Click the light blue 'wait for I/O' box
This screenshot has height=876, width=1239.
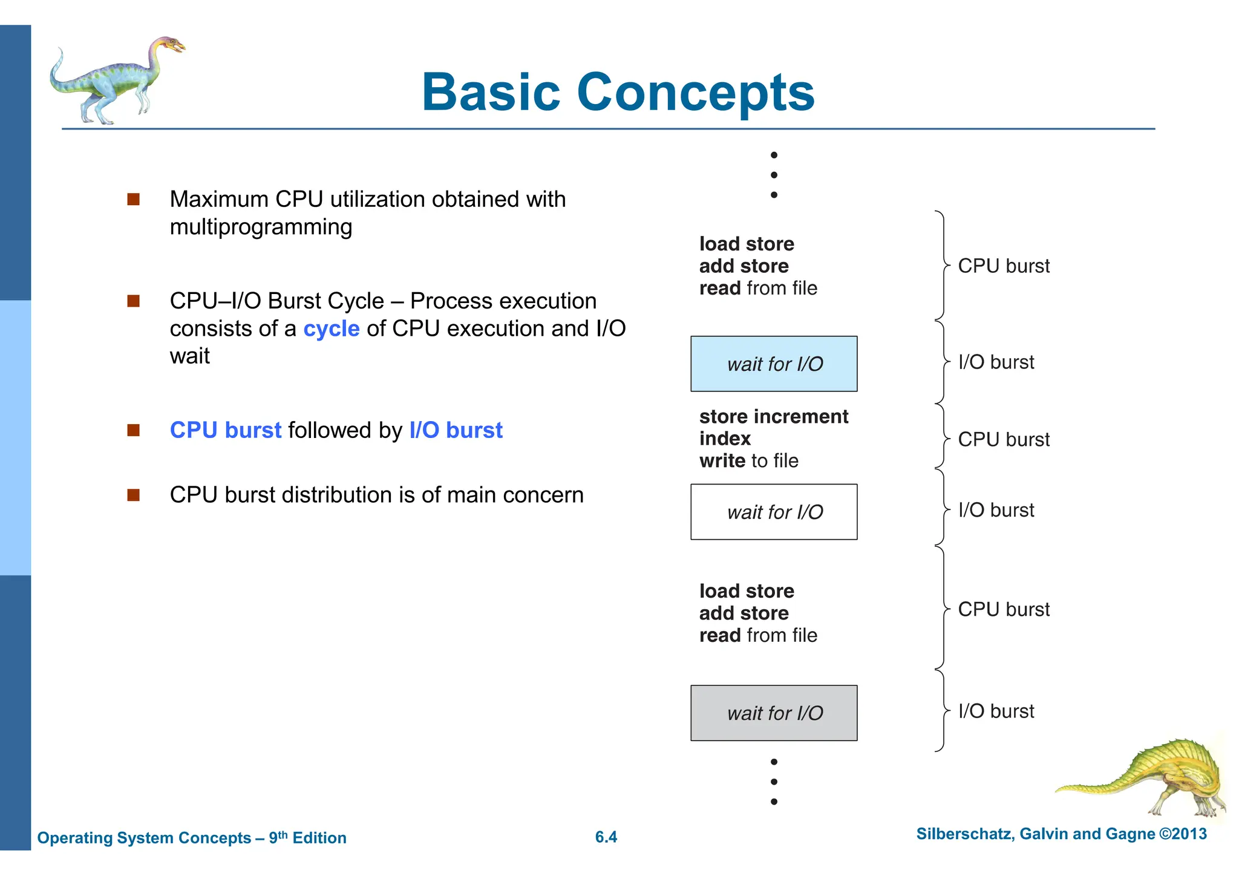(774, 364)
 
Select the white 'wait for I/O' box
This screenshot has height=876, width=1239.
(774, 512)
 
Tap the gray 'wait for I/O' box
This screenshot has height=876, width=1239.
(774, 713)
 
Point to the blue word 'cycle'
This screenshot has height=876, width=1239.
(331, 328)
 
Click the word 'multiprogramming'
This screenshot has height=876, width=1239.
(261, 227)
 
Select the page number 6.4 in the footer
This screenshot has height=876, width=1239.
(606, 837)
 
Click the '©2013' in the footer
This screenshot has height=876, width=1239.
(1182, 834)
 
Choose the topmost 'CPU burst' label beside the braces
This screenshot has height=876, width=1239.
(1004, 266)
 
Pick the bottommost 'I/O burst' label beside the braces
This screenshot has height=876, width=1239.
(996, 711)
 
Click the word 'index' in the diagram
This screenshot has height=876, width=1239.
(725, 439)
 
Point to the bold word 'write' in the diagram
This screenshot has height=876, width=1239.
(722, 461)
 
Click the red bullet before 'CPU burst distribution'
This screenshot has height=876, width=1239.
(134, 495)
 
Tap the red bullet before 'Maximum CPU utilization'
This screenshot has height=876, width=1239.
(134, 199)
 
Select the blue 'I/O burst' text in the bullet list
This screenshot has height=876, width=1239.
(456, 430)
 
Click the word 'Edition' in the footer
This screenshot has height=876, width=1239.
(319, 838)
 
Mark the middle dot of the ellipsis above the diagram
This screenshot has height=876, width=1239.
(774, 175)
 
